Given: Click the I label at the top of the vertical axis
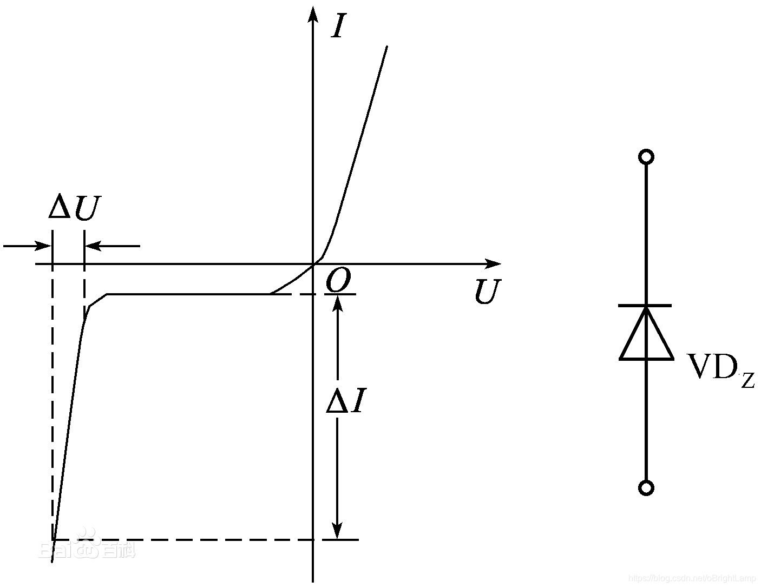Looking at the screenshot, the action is coord(338,26).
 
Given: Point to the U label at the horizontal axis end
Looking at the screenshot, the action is coord(487,292).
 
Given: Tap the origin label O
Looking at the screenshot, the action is coord(339,281).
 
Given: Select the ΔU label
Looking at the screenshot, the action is coord(75,208).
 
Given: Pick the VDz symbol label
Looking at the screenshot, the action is coord(720,369).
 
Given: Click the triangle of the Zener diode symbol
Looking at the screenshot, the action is coord(646,335).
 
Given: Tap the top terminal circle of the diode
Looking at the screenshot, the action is coord(646,157).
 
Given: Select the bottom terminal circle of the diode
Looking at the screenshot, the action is coord(646,488).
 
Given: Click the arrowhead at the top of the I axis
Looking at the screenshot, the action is coord(312,13).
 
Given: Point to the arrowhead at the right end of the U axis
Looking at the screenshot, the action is coord(494,264).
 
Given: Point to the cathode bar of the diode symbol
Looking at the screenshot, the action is coord(645,306).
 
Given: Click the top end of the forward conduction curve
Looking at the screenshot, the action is coord(386,48).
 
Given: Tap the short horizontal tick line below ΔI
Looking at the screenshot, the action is coord(341,540).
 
